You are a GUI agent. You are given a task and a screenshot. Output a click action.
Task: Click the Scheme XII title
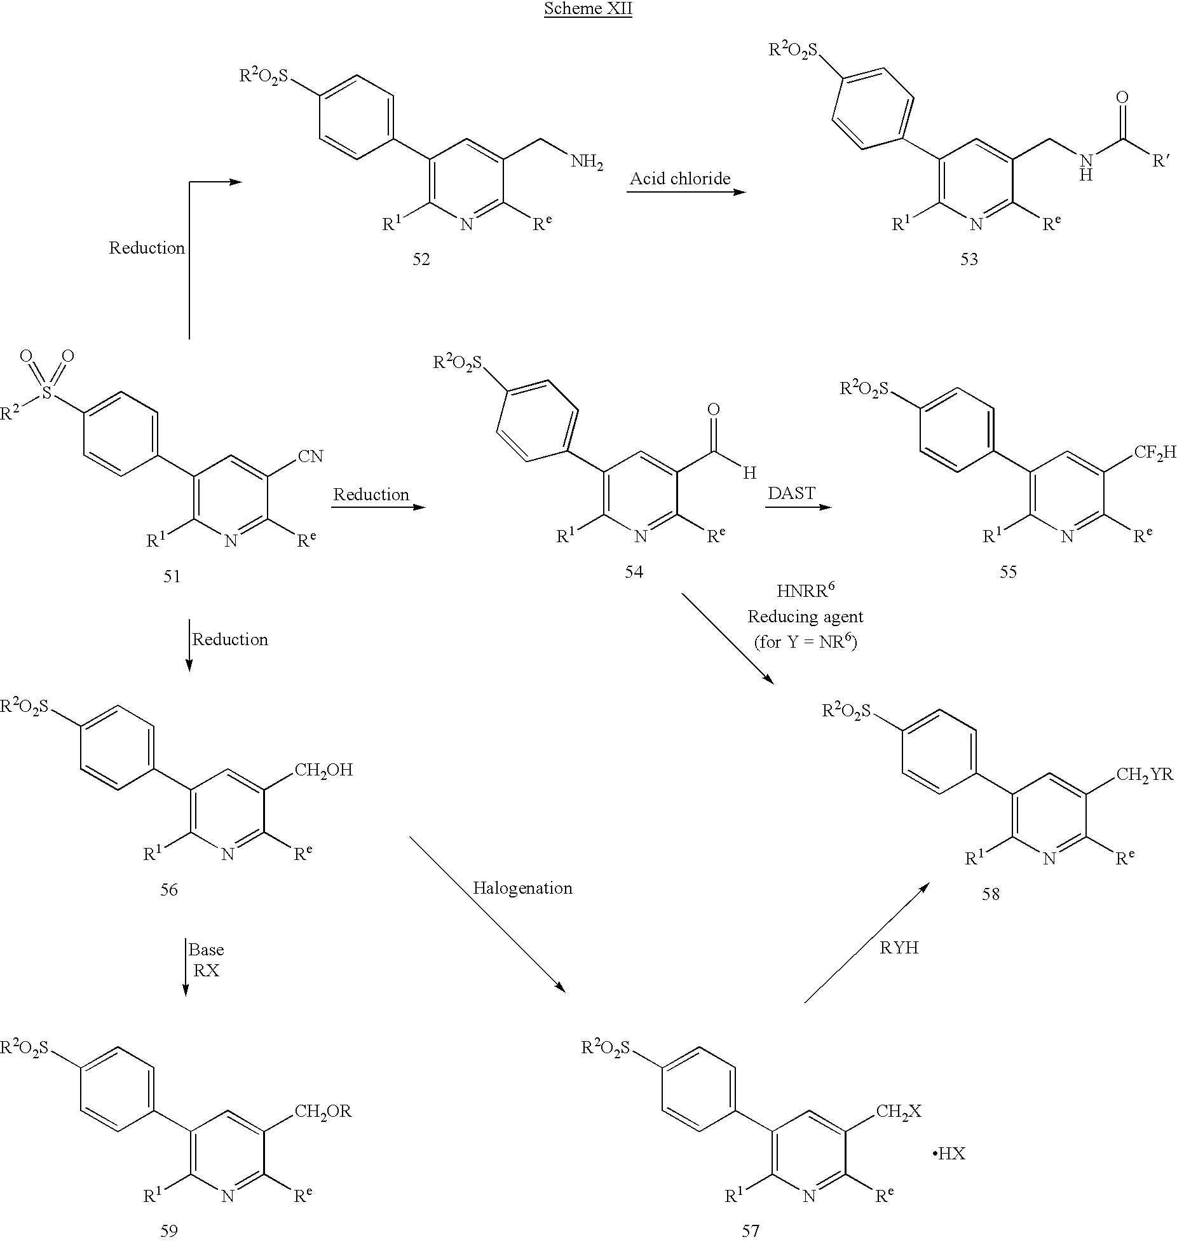point(588,10)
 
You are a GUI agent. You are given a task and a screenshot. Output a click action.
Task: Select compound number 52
point(421,259)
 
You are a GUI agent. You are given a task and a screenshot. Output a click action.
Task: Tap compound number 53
point(969,259)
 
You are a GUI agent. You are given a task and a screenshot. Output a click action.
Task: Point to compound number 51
point(172,577)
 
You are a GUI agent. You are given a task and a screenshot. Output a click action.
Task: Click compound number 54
point(634,572)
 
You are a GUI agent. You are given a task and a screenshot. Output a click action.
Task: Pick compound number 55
point(1008,572)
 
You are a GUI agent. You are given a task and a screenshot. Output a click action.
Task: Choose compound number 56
point(169,890)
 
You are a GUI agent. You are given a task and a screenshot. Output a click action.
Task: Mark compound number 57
point(751,1231)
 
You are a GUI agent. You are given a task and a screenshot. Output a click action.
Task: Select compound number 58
point(991,894)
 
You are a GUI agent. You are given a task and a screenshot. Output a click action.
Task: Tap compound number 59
point(169,1231)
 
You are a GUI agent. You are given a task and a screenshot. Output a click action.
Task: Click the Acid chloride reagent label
point(680,179)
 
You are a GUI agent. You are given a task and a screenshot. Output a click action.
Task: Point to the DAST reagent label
point(791,493)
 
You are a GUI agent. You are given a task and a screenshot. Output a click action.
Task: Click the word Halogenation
point(522,888)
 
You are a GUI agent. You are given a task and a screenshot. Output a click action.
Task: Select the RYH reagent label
point(899,948)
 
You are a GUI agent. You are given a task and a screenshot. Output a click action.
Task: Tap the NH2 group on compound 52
point(587,162)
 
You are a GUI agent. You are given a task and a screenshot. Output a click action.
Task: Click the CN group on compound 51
point(310,456)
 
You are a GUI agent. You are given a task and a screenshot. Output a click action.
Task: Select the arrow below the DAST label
point(799,507)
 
